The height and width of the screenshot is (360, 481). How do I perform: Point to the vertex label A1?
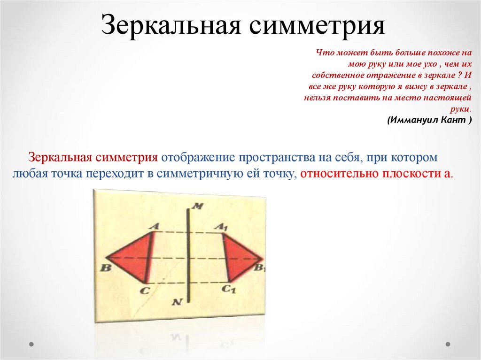pos(221,226)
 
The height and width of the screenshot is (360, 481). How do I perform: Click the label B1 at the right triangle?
pos(260,268)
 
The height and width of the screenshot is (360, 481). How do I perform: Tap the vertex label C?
pos(145,291)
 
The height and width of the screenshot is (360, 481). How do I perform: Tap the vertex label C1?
pos(228,290)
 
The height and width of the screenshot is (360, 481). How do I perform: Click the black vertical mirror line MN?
pos(188,253)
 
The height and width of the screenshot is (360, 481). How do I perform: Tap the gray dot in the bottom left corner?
pos(31,344)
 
